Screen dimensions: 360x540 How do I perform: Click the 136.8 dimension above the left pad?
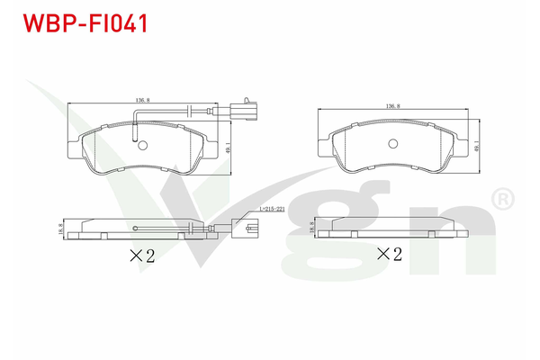click(x=141, y=101)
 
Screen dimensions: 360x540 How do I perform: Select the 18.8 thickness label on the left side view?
click(x=60, y=229)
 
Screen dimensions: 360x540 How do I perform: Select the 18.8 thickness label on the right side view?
click(x=312, y=230)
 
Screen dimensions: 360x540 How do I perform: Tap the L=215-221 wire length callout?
click(x=271, y=210)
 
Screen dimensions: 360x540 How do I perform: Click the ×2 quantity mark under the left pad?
click(x=142, y=256)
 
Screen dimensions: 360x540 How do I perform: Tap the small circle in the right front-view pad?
click(x=392, y=145)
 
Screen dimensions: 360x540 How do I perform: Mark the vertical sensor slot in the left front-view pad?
click(x=134, y=131)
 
